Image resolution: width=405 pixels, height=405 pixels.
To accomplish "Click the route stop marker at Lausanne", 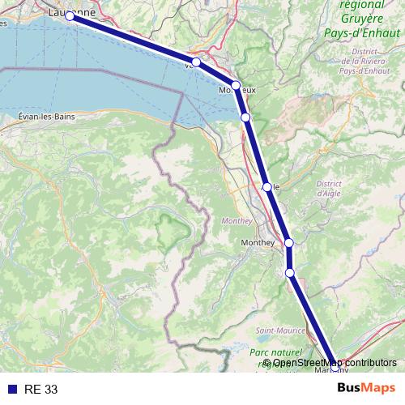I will tap(70, 16).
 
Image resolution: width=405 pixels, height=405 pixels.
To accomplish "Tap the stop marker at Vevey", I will tap(196, 62).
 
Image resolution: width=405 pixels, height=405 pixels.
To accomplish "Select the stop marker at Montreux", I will tap(236, 85).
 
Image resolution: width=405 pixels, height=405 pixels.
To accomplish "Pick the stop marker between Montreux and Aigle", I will tap(246, 117).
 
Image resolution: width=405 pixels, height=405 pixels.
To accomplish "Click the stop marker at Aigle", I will tap(266, 187).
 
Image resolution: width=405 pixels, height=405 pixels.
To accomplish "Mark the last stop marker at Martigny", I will tap(335, 367).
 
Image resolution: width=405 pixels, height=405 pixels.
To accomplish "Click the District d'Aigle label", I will tap(328, 189).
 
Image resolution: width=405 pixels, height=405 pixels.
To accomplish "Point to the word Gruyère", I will tap(362, 18).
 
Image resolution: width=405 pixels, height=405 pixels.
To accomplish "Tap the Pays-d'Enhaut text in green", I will tap(364, 32).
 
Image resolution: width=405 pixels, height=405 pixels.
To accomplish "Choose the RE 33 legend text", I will tap(41, 390).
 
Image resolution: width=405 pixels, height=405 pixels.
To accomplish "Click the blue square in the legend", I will tap(11, 390).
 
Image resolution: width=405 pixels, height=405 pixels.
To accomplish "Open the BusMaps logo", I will tap(366, 389).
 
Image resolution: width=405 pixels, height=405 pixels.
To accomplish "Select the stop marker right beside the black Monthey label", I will tap(288, 243).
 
